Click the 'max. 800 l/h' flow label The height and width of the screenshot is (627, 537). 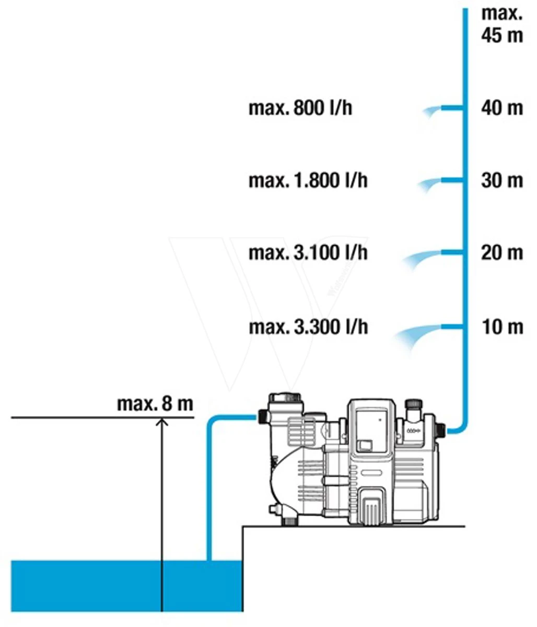click(300, 108)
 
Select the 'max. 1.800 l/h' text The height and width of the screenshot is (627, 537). click(308, 180)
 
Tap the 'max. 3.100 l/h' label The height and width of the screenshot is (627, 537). click(308, 253)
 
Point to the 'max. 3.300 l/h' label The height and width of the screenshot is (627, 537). click(308, 327)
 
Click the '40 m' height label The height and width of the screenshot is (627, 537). click(502, 108)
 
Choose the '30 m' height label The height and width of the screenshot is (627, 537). click(502, 180)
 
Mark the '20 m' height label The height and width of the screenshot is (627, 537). click(502, 253)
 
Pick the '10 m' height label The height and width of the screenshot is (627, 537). click(503, 327)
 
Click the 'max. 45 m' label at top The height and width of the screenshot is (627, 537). click(502, 24)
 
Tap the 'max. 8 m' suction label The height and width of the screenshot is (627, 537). click(155, 404)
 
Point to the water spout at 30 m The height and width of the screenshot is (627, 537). click(429, 184)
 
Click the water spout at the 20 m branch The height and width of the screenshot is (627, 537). click(422, 259)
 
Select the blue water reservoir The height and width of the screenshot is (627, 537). click(127, 586)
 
